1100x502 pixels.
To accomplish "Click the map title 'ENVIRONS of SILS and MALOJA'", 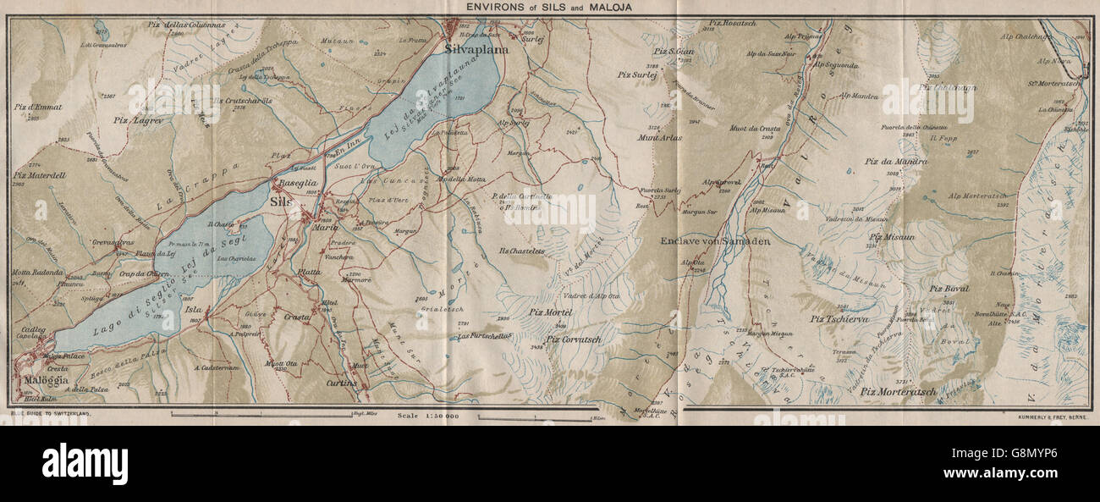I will pyautogui.click(x=548, y=8).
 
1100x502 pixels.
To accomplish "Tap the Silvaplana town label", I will pyautogui.click(x=476, y=50).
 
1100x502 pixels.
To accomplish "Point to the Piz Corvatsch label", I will pyautogui.click(x=577, y=340).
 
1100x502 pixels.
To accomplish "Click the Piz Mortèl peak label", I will pyautogui.click(x=551, y=312).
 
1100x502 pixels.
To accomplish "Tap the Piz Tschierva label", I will pyautogui.click(x=840, y=319).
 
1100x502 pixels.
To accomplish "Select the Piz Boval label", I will pyautogui.click(x=949, y=289).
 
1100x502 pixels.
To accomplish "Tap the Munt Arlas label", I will pyautogui.click(x=661, y=137).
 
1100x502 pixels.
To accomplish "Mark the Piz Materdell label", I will pyautogui.click(x=40, y=175).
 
